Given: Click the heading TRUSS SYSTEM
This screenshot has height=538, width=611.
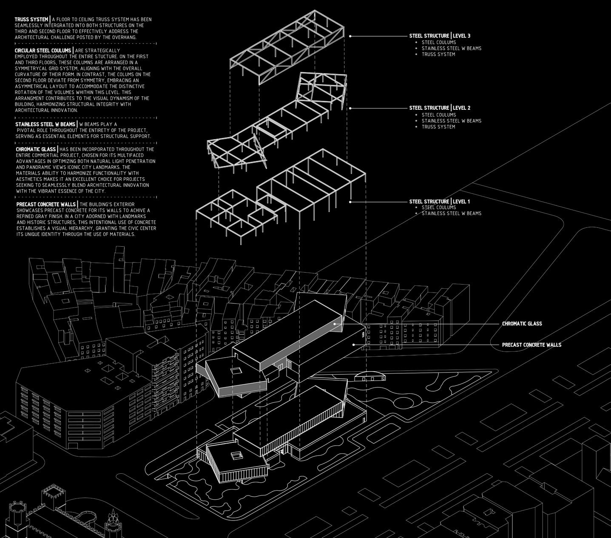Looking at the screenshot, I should click(31, 20).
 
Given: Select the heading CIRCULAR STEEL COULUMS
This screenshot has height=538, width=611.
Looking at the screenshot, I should click(43, 51).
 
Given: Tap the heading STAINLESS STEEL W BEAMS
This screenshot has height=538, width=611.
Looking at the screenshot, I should click(45, 124).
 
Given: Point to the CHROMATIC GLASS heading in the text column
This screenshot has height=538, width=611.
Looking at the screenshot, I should click(36, 149).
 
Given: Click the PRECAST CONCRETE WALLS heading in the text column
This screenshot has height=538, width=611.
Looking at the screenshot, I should click(46, 205).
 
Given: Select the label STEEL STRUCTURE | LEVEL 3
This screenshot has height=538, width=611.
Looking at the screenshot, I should click(440, 36).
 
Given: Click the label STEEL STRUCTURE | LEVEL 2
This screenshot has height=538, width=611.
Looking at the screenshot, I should click(440, 108).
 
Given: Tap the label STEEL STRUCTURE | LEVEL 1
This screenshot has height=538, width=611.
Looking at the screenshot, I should click(440, 202).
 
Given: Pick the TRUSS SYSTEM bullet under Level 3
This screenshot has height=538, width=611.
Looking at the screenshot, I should click(438, 54).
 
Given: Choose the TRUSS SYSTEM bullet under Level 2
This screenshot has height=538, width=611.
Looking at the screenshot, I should click(438, 127).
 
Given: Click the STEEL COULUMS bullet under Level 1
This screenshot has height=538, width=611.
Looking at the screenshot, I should click(438, 208).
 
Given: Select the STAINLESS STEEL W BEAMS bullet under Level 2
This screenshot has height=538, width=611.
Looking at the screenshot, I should click(451, 121).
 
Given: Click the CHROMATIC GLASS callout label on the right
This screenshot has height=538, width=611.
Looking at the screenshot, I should click(522, 324).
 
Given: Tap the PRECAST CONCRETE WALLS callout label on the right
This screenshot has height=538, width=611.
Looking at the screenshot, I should click(531, 345).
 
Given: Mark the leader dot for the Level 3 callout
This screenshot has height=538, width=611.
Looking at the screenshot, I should click(350, 36).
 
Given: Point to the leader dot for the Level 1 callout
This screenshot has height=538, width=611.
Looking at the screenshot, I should click(350, 202).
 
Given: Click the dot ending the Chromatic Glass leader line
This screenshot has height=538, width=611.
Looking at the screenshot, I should click(335, 324).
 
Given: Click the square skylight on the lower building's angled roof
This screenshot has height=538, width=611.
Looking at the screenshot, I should click(236, 456).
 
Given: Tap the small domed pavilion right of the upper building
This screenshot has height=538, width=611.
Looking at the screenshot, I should click(370, 377).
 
